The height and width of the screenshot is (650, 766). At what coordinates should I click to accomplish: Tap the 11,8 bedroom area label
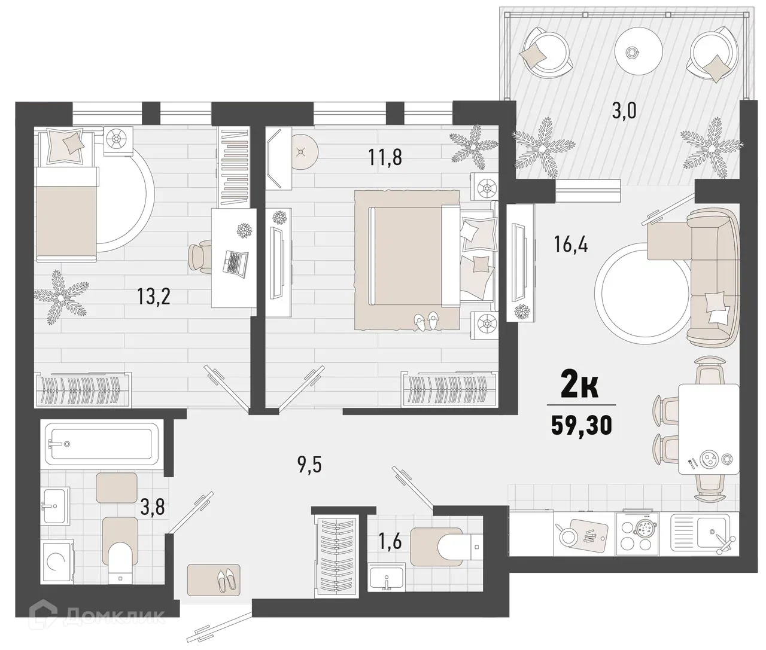(x=385, y=158)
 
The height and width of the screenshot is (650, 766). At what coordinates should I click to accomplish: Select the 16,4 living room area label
(x=570, y=244)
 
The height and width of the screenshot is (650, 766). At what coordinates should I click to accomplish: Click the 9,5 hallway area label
(x=309, y=465)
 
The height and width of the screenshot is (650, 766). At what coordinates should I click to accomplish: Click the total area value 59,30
(x=582, y=426)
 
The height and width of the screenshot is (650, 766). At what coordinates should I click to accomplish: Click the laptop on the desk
(x=235, y=262)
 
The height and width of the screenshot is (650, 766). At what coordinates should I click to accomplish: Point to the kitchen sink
(x=708, y=532)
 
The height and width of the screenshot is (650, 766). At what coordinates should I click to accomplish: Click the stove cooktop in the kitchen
(x=642, y=532)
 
